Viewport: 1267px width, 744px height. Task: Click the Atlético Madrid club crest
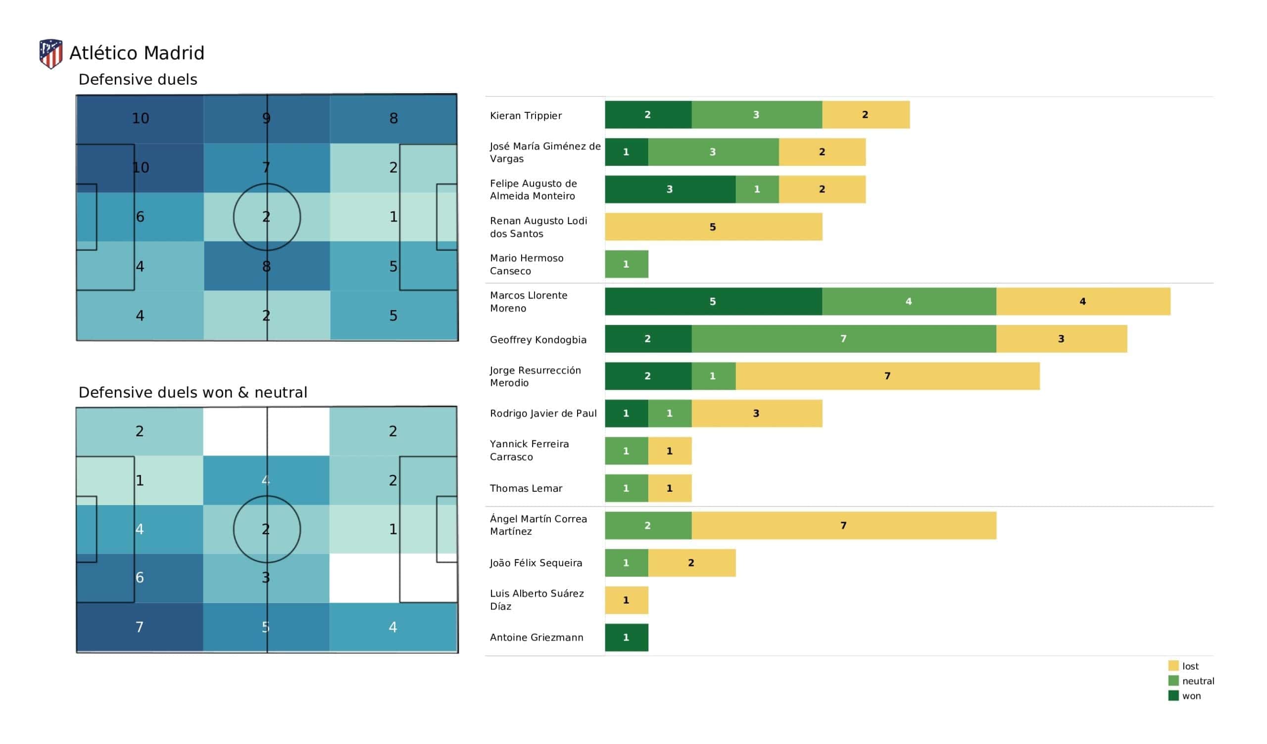click(x=51, y=53)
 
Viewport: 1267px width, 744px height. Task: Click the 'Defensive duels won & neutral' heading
click(x=193, y=393)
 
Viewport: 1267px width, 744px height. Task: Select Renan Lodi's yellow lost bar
click(x=713, y=227)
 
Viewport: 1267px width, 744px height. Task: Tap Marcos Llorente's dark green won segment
click(x=713, y=302)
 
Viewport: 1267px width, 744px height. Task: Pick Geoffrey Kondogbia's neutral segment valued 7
click(x=843, y=339)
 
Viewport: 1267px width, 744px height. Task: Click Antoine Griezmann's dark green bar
click(x=626, y=638)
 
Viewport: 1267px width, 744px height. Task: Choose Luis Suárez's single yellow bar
click(x=626, y=600)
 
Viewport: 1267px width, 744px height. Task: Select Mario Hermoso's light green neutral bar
click(x=626, y=264)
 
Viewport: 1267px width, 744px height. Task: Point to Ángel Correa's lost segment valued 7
click(x=843, y=525)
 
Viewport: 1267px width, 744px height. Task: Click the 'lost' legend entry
click(x=1190, y=666)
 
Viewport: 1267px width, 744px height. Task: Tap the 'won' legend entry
click(x=1191, y=696)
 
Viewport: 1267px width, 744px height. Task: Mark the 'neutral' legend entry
click(x=1197, y=681)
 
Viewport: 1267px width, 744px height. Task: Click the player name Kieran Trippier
click(x=526, y=116)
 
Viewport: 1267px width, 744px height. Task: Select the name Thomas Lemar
click(x=526, y=488)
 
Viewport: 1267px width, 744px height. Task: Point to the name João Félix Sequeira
click(x=536, y=563)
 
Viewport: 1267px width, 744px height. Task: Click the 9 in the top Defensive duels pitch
click(x=266, y=118)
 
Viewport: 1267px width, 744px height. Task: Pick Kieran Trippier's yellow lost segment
click(x=865, y=115)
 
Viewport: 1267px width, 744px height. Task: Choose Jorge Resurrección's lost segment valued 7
click(x=887, y=376)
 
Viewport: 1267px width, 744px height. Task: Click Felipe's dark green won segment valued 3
click(x=670, y=189)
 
